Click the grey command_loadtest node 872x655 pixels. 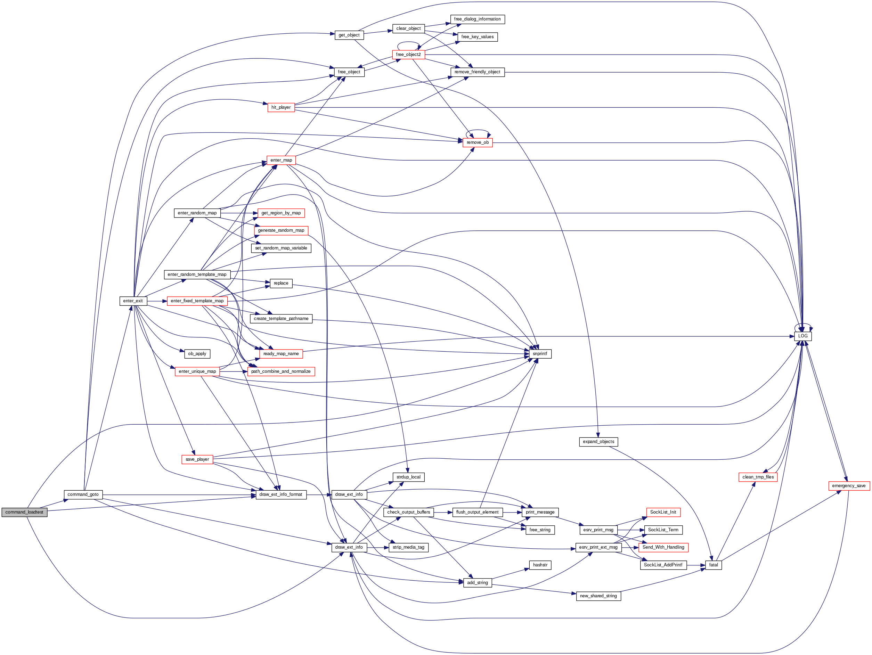pos(24,512)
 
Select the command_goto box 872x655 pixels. pos(83,494)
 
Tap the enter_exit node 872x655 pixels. pos(133,301)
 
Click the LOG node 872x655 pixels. pos(802,336)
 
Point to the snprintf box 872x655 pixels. pos(540,353)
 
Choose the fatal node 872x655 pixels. pos(713,565)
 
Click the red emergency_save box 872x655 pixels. pos(849,485)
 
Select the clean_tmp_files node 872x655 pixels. pos(758,477)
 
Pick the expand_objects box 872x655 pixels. pos(598,441)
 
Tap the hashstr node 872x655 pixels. pos(540,565)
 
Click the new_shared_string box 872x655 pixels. pos(598,596)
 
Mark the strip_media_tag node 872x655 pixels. pos(408,547)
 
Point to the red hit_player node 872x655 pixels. pos(281,107)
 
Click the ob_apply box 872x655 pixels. pos(197,353)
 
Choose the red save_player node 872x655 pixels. pos(197,459)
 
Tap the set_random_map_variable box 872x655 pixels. pos(281,248)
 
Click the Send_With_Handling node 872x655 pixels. pos(663,547)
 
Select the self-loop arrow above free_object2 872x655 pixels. pos(408,42)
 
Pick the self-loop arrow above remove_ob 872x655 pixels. pos(478,130)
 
